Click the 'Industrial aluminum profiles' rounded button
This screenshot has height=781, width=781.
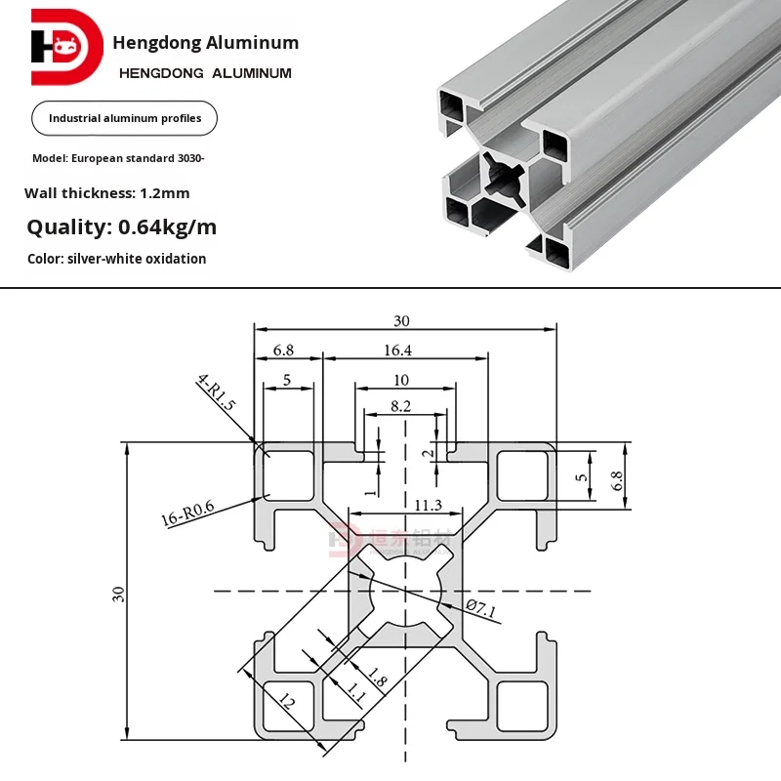[x=125, y=118]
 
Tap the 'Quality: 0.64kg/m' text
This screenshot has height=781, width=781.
[x=122, y=228]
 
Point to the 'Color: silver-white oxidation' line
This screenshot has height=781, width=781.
[x=117, y=259]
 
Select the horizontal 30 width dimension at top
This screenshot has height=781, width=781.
[x=402, y=320]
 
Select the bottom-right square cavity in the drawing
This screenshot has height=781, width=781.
[x=519, y=705]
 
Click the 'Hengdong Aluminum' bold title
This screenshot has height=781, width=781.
[x=206, y=43]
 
